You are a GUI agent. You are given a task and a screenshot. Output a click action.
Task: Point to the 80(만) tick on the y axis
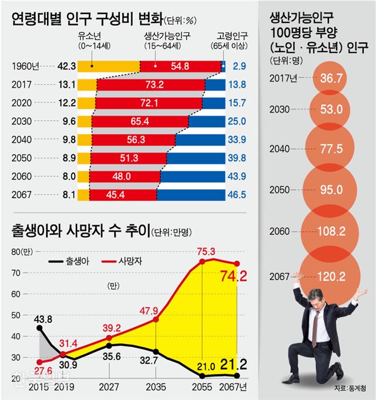pyautogui.click(x=21, y=252)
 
